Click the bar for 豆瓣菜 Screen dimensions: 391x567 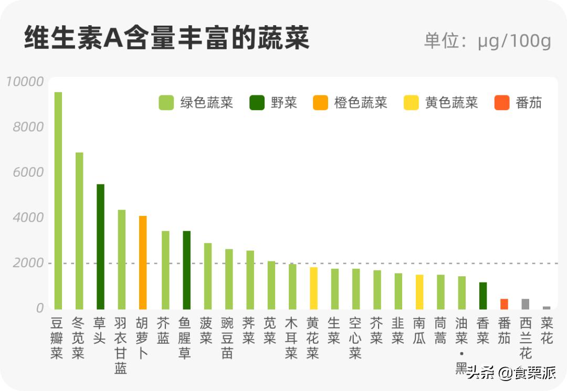point(58,201)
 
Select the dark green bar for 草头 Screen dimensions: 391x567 point(100,246)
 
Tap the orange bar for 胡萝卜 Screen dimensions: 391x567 point(143,262)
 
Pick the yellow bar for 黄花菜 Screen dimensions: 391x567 point(313,288)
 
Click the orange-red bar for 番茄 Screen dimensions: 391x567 point(504,304)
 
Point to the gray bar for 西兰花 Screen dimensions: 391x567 point(525,304)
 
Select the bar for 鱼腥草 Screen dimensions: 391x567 point(186,270)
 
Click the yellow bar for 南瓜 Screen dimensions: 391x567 point(419,292)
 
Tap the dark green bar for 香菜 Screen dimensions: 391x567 point(483,296)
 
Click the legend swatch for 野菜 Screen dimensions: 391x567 point(257,103)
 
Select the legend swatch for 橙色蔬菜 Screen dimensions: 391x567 point(320,103)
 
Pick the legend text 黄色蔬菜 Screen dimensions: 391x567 point(451,103)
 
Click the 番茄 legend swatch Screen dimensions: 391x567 point(502,103)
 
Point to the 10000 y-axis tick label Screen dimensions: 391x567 point(24,82)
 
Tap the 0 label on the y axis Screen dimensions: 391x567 point(39,308)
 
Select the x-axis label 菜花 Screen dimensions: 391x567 point(547,331)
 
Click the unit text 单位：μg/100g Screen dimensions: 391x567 point(487,41)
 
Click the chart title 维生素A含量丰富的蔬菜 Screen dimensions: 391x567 point(166,38)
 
